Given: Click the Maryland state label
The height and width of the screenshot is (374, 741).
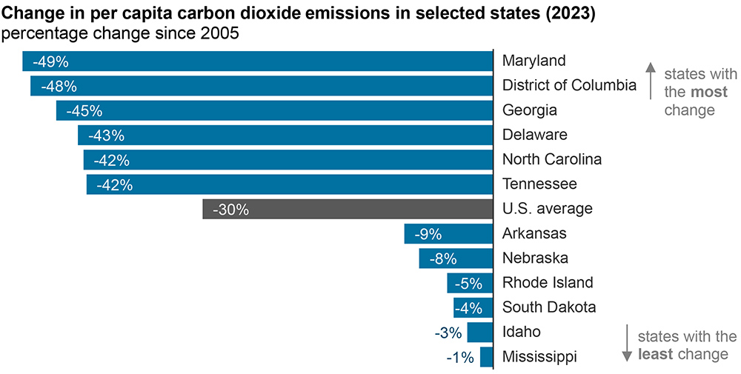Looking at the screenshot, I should [534, 61].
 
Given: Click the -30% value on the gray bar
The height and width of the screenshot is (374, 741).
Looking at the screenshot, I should [230, 210].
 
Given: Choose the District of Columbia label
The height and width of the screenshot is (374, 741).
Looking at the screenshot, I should [569, 85].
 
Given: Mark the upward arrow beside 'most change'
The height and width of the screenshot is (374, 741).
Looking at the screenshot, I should [650, 81].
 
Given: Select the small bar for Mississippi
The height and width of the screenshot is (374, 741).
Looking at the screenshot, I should [486, 357].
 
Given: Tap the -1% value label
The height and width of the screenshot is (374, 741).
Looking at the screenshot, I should [460, 358].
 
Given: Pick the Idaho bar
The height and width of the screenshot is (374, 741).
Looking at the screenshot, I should [480, 332].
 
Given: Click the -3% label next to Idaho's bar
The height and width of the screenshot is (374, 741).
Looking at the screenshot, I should [448, 333].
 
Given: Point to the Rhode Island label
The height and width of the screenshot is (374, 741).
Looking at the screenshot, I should [548, 282].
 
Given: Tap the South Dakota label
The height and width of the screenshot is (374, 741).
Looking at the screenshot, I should [549, 307].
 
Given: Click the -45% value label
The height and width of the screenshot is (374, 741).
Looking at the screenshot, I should [84, 111].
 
